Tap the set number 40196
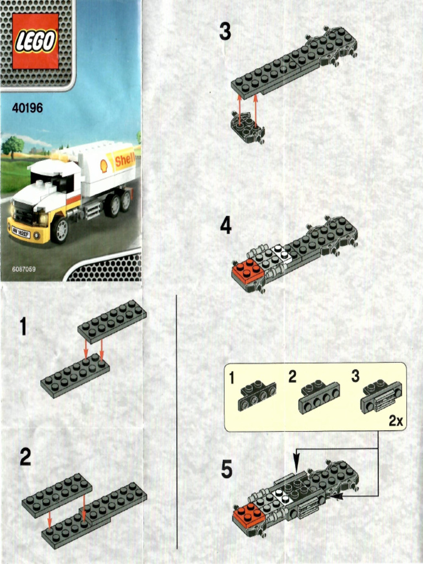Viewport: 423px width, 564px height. click(x=27, y=109)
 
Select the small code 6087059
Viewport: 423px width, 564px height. click(x=24, y=269)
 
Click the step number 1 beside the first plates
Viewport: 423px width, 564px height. click(x=23, y=327)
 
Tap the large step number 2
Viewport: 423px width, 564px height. click(x=25, y=457)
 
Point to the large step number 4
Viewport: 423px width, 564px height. click(x=226, y=226)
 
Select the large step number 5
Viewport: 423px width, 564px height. click(x=226, y=470)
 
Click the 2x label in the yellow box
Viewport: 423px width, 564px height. click(x=395, y=421)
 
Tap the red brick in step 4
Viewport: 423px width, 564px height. click(x=246, y=271)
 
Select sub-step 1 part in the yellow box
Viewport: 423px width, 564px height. click(x=257, y=396)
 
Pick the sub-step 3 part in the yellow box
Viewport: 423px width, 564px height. click(x=381, y=397)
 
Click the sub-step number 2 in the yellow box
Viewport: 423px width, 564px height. click(x=292, y=377)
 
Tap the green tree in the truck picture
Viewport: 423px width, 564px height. click(x=12, y=146)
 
